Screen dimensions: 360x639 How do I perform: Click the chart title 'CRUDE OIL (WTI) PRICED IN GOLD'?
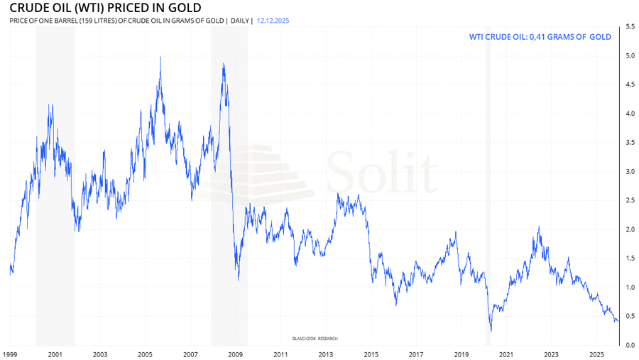pyautogui.click(x=100, y=8)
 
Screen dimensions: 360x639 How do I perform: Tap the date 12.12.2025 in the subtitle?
pyautogui.click(x=273, y=21)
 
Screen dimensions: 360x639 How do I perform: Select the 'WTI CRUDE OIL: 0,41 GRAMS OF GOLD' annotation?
pyautogui.click(x=540, y=36)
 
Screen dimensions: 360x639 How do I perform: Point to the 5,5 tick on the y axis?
pyautogui.click(x=629, y=26)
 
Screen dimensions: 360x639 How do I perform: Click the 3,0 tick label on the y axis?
pyautogui.click(x=629, y=171)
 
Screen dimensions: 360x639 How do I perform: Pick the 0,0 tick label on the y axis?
pyautogui.click(x=629, y=345)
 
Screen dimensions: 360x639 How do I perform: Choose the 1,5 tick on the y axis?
pyautogui.click(x=629, y=258)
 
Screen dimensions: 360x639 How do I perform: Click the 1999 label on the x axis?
pyautogui.click(x=10, y=354)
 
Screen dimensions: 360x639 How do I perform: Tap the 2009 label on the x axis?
pyautogui.click(x=235, y=354)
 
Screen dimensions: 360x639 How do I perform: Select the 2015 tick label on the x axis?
pyautogui.click(x=371, y=354)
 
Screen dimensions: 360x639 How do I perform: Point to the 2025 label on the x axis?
pyautogui.click(x=596, y=354)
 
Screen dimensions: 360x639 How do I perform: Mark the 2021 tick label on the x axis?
pyautogui.click(x=506, y=354)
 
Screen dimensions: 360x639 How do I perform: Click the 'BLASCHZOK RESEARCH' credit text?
pyautogui.click(x=317, y=338)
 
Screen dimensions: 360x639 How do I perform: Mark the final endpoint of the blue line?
pyautogui.click(x=618, y=322)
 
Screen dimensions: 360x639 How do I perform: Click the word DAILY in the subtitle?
pyautogui.click(x=240, y=21)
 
